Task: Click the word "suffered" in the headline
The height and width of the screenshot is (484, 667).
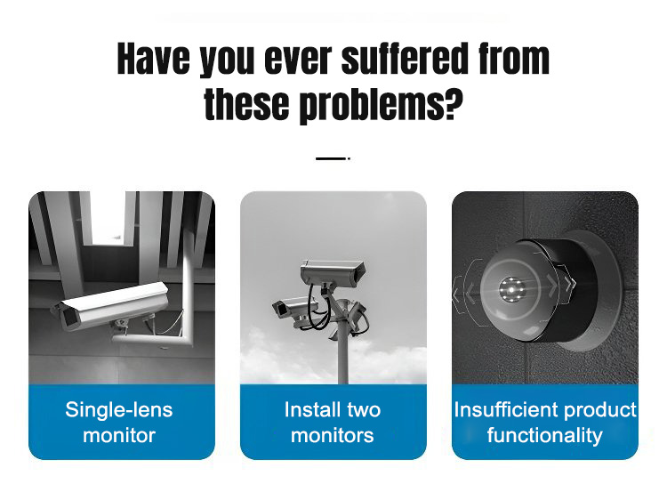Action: tap(406, 59)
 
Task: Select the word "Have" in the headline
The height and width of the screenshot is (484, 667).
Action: tap(154, 59)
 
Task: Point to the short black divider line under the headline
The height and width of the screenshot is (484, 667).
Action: tap(333, 158)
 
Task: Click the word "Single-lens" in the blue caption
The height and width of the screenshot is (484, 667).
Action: tap(119, 410)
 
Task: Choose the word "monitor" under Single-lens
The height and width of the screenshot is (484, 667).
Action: tap(119, 435)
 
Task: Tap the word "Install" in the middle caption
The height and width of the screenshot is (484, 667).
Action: tap(311, 410)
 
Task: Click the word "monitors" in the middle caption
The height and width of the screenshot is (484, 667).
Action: tap(333, 435)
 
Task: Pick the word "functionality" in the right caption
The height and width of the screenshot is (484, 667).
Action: tap(545, 435)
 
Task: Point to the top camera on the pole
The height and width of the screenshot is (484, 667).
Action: tap(333, 271)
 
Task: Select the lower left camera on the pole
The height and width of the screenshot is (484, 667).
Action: tap(293, 310)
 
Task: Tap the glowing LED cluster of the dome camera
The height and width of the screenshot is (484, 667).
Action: tap(511, 290)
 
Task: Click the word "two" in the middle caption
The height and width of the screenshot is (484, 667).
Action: tap(364, 411)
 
